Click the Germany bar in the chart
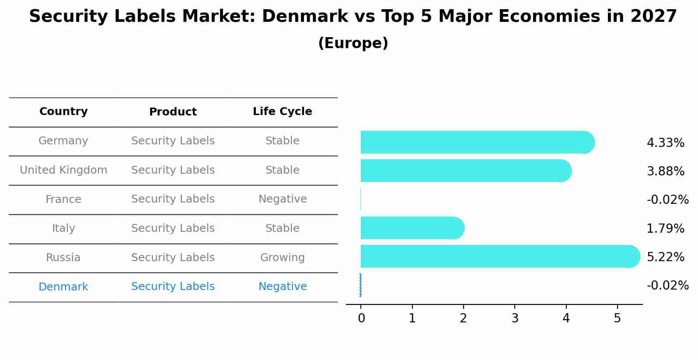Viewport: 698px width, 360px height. pos(477,142)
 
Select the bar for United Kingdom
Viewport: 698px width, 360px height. pos(466,171)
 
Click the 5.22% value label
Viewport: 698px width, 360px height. pos(665,257)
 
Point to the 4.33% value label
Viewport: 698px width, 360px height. pos(665,143)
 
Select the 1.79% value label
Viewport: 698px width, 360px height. pos(665,228)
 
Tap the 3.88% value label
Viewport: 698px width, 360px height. pos(665,171)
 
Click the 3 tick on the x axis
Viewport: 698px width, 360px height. pos(515,318)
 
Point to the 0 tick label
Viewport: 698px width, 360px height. pos(361,318)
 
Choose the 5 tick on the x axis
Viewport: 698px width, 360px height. pos(617,318)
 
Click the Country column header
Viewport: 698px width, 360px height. pos(63,112)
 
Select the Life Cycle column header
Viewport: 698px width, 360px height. pos(282,112)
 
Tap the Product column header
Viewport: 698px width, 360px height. pos(173,112)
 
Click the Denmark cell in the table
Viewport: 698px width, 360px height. pos(63,287)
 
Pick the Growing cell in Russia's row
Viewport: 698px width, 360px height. pos(282,258)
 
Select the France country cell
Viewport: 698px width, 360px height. pos(63,199)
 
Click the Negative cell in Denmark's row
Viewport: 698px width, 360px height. pos(282,287)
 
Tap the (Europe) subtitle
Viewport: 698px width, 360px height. pos(353,43)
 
